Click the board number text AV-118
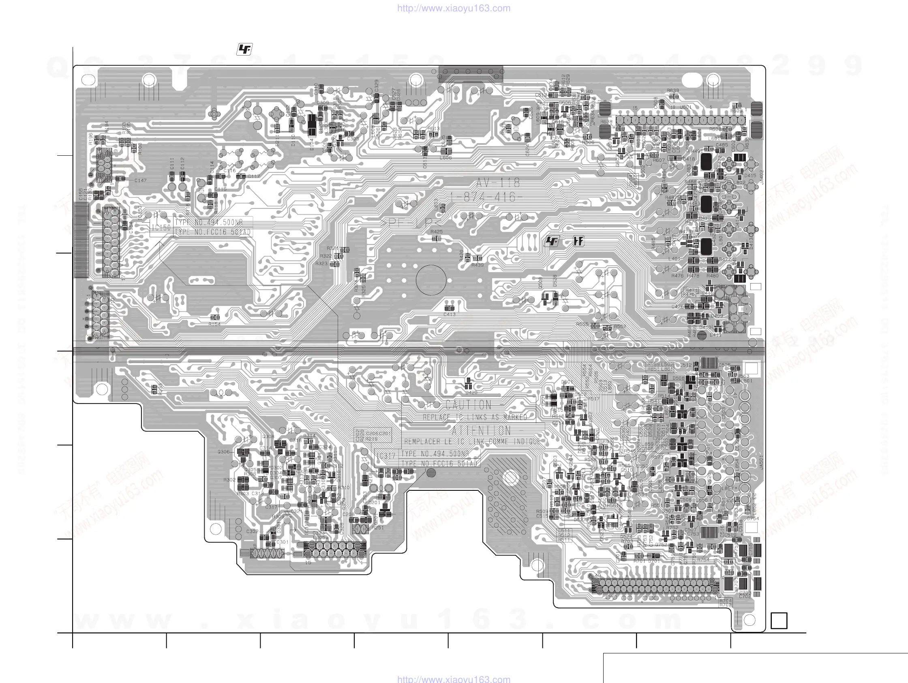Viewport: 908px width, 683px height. click(498, 183)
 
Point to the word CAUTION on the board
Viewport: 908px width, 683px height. click(468, 405)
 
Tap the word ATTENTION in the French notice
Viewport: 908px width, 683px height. click(481, 431)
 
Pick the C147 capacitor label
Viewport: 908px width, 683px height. click(140, 180)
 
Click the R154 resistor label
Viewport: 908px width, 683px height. click(214, 324)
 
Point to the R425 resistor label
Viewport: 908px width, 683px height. click(436, 232)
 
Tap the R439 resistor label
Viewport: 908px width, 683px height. click(478, 265)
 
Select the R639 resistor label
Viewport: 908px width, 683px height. click(672, 91)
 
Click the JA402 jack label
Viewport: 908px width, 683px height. click(761, 177)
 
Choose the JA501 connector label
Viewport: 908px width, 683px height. click(761, 462)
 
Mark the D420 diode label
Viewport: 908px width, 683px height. click(471, 393)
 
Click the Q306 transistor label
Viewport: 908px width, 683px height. click(224, 452)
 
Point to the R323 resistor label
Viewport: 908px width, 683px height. click(321, 264)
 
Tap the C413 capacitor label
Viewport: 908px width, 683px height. click(450, 314)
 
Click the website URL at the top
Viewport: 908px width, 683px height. click(454, 8)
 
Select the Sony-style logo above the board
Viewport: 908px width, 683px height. click(245, 50)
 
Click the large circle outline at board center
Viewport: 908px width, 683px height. click(431, 280)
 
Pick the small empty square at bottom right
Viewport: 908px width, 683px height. click(779, 620)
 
